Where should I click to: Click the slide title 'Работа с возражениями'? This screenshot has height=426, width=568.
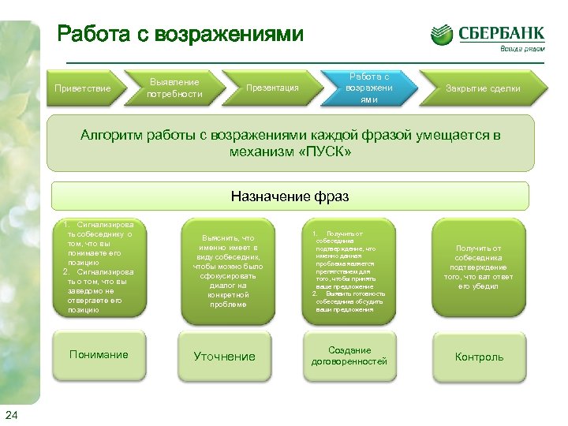180,34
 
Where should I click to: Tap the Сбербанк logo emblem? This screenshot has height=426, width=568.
442,35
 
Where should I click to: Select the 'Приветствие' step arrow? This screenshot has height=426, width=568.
82,88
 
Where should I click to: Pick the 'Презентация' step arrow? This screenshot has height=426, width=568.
272,88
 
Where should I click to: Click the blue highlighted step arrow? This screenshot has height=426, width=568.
368,88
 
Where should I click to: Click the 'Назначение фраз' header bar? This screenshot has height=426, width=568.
290,196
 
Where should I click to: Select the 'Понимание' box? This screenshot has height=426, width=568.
99,355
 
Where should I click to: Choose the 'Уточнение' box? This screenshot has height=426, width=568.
225,357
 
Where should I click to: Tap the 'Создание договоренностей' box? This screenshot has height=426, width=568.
350,356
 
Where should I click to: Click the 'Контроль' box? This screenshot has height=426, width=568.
478,357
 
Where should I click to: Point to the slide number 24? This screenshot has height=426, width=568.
11,416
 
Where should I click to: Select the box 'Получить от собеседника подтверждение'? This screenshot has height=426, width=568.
478,267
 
